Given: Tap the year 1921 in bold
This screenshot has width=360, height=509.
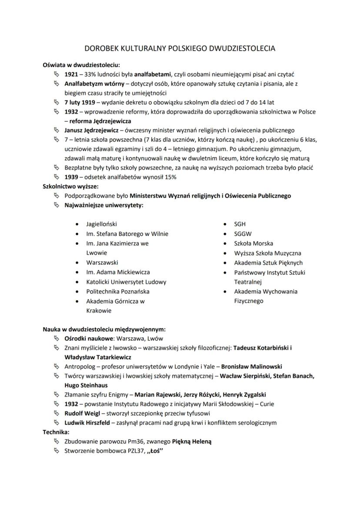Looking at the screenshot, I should (72, 74).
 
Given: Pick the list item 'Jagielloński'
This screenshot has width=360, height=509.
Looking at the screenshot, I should (102, 224).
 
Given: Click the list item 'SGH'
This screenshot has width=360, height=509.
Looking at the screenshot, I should (240, 224).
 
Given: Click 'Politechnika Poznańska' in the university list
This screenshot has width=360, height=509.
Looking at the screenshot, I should (118, 291).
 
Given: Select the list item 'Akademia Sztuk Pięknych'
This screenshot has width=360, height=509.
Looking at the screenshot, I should (268, 263).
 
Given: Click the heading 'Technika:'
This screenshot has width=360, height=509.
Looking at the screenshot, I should (56, 432).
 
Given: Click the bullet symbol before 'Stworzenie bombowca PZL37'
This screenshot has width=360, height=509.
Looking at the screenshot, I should (56, 451).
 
